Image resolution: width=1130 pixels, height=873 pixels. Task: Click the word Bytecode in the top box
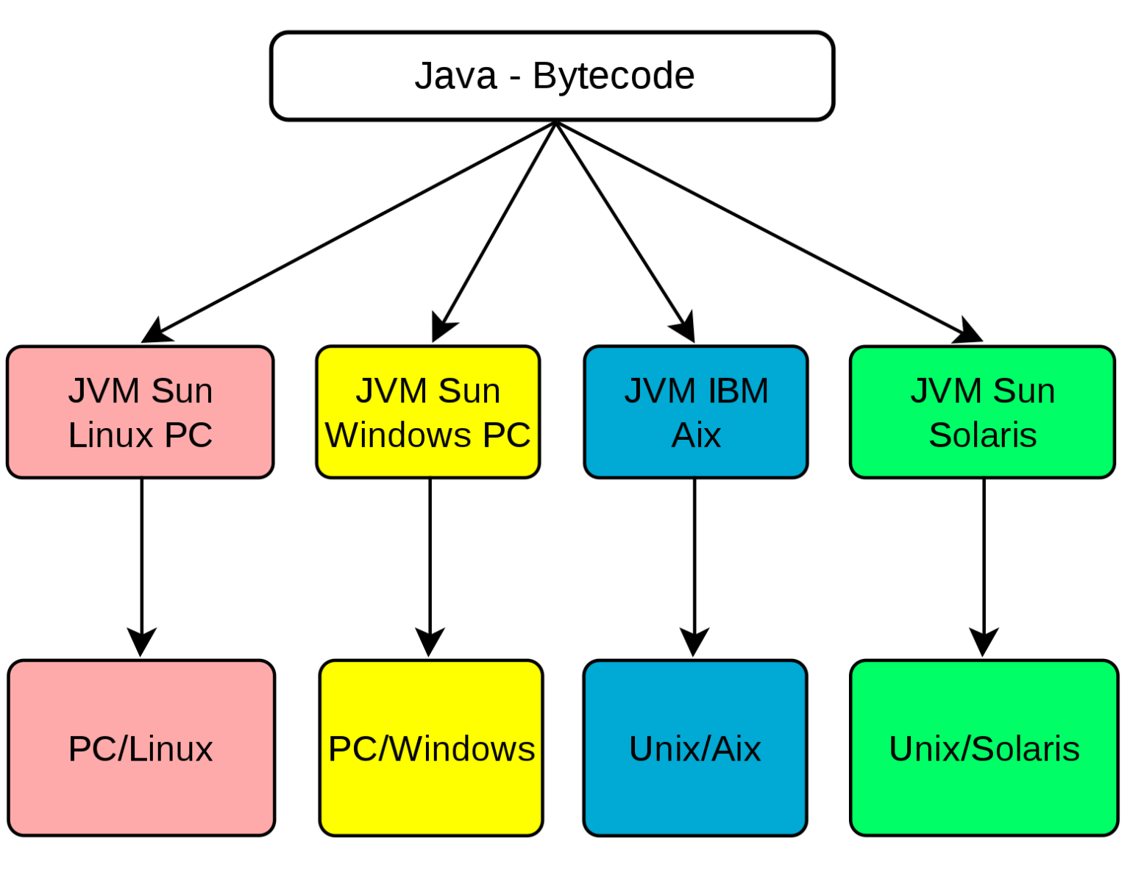click(613, 76)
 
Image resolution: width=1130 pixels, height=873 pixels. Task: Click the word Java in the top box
click(455, 76)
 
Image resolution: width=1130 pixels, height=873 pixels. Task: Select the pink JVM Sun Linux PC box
click(140, 413)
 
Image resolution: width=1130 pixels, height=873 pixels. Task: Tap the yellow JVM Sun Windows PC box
click(428, 413)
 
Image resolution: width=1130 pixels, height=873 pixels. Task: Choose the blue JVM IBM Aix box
click(696, 413)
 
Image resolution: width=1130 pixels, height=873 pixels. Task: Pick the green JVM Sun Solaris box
click(982, 413)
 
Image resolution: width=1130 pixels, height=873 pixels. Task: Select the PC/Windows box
click(431, 748)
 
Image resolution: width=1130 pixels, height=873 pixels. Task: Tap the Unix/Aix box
click(695, 748)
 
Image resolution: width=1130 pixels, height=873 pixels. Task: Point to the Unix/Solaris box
click(984, 748)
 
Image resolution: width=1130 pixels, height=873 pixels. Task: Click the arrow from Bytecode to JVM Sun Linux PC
click(346, 234)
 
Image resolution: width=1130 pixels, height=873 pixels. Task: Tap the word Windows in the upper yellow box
click(398, 435)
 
